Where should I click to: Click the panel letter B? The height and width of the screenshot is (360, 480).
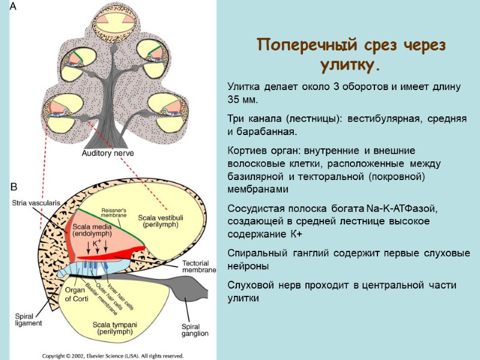pos(13,187)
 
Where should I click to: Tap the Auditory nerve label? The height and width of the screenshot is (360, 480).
pos(107,154)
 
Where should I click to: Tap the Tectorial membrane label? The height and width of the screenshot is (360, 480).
pos(198,266)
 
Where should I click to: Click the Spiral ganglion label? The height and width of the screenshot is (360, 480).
pos(194,329)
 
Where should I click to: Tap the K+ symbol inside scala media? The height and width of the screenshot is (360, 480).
pos(96,243)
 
